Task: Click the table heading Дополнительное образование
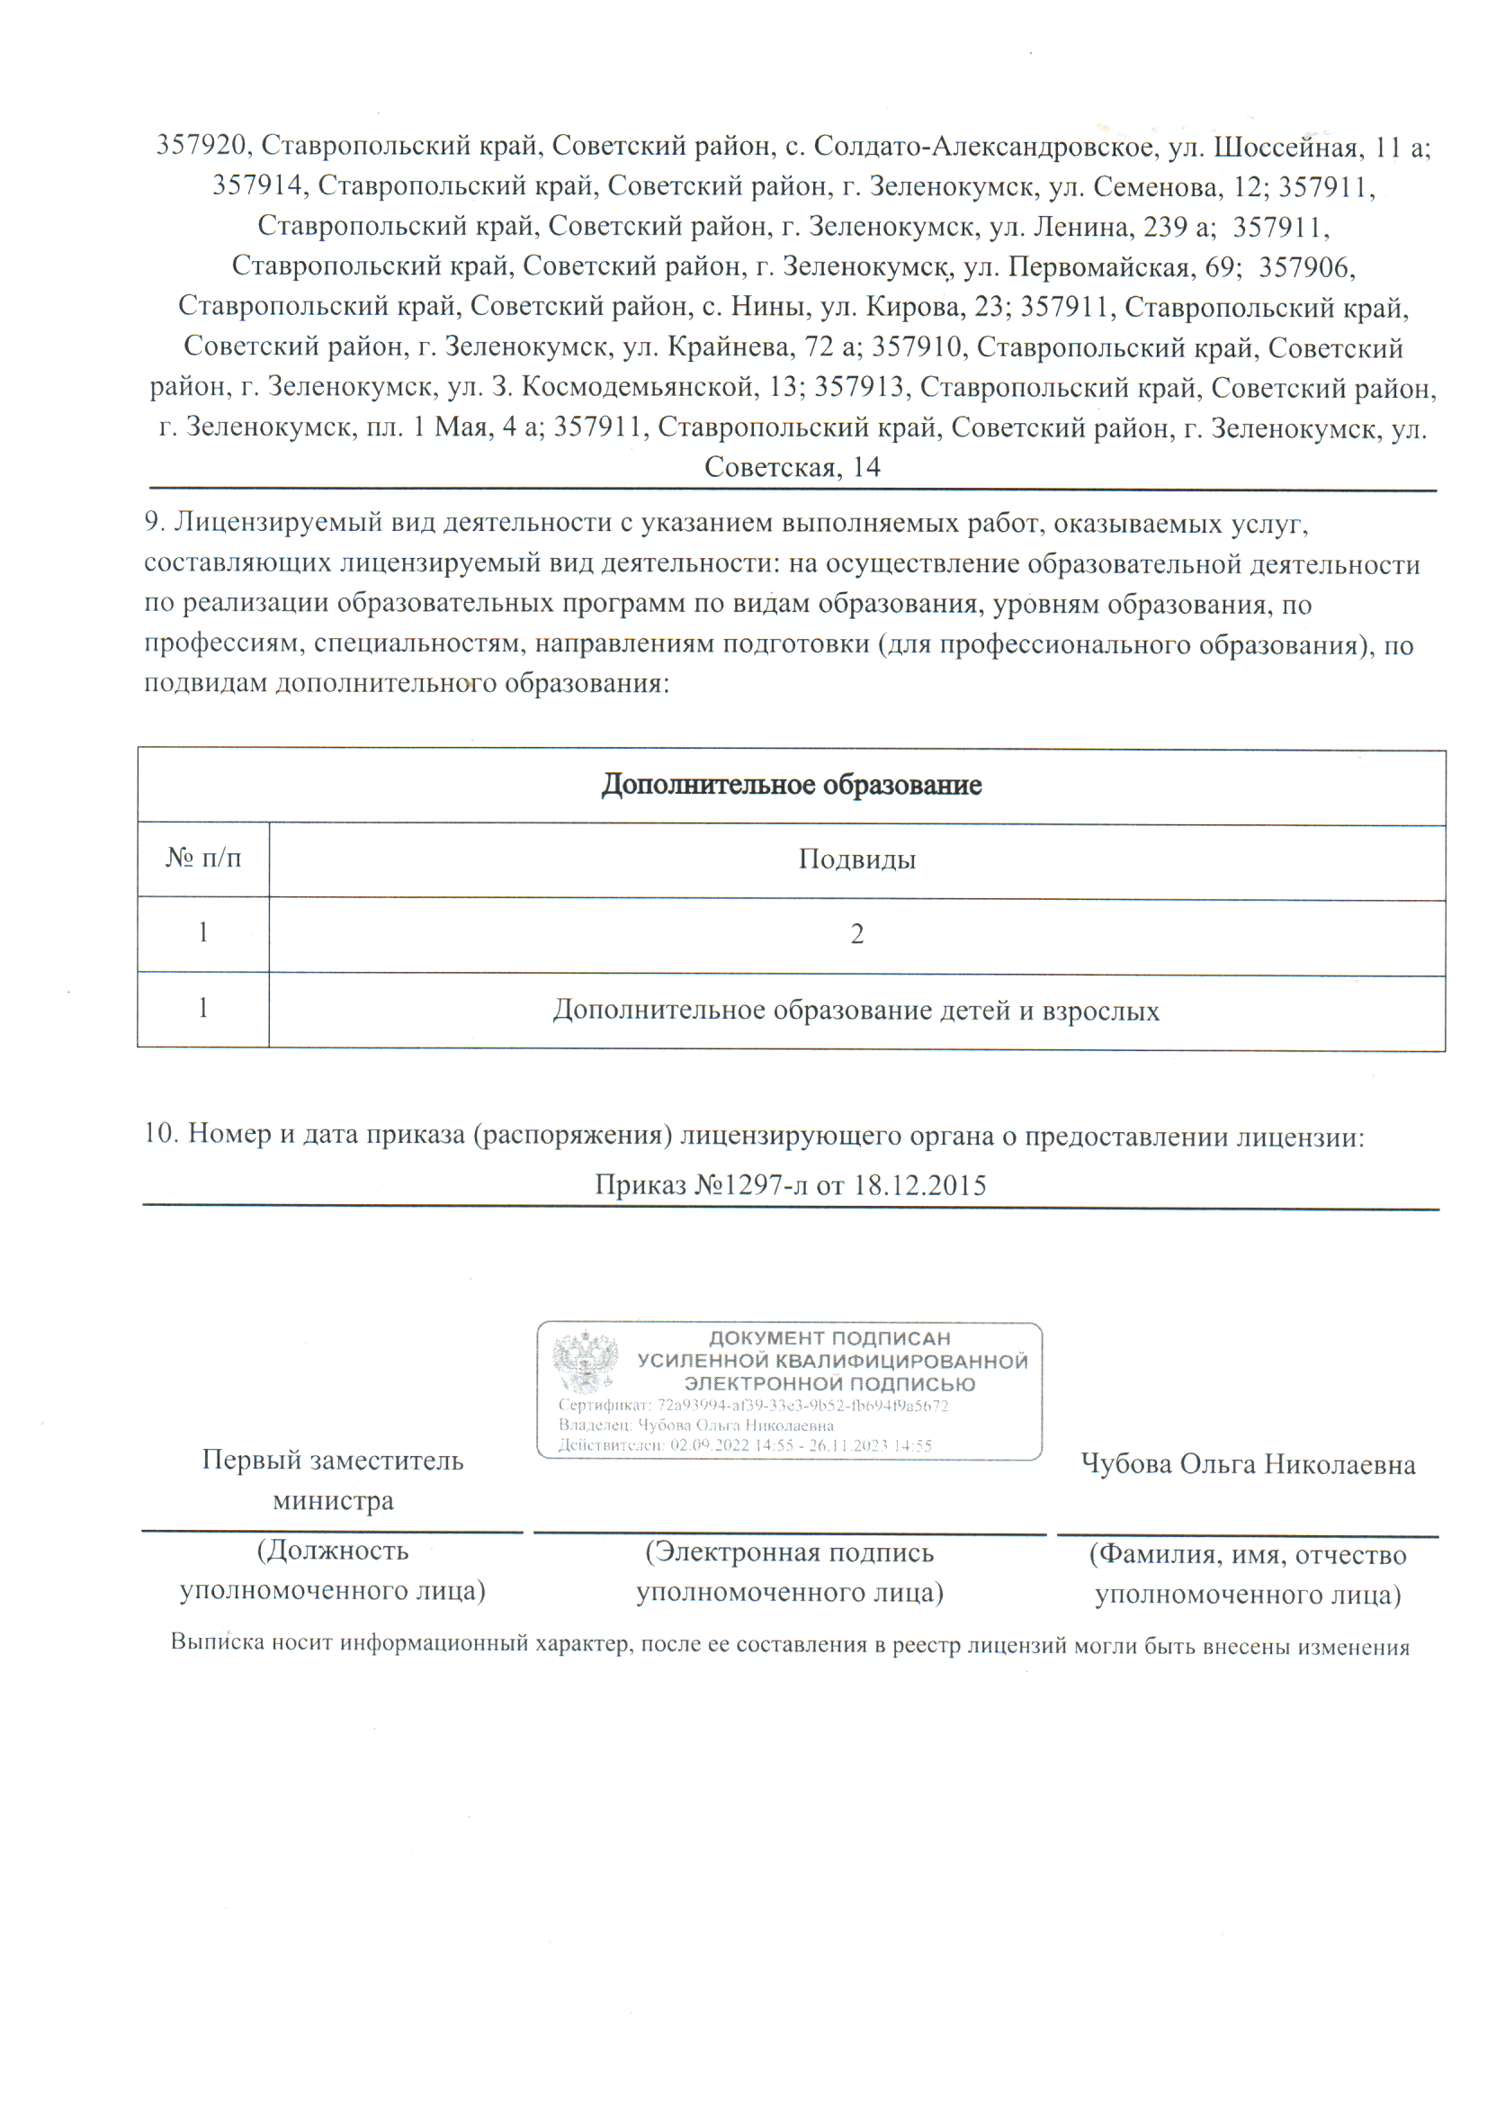[x=791, y=786]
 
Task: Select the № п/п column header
[x=203, y=858]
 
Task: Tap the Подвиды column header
[x=856, y=859]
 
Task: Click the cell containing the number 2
[x=856, y=935]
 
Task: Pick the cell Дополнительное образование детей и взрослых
[x=855, y=1011]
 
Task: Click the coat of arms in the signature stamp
[x=585, y=1362]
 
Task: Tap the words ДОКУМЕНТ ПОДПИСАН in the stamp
[x=829, y=1339]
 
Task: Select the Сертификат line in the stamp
[x=753, y=1406]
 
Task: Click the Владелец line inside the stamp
[x=696, y=1425]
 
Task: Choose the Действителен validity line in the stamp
[x=745, y=1445]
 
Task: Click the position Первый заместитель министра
[x=333, y=1480]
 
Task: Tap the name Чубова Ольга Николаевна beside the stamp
[x=1248, y=1464]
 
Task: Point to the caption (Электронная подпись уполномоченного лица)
[x=790, y=1571]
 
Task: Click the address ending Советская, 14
[x=792, y=467]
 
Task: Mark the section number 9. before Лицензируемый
[x=154, y=522]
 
